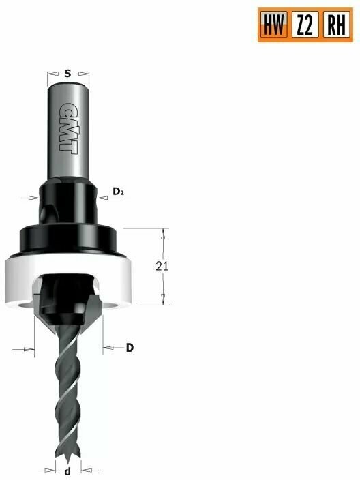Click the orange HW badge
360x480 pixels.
click(274, 25)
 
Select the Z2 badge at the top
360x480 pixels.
click(304, 25)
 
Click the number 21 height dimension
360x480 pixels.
click(162, 267)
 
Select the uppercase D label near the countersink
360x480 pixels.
click(129, 348)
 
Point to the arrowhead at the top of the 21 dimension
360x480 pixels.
click(162, 234)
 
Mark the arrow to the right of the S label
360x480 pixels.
click(85, 72)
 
